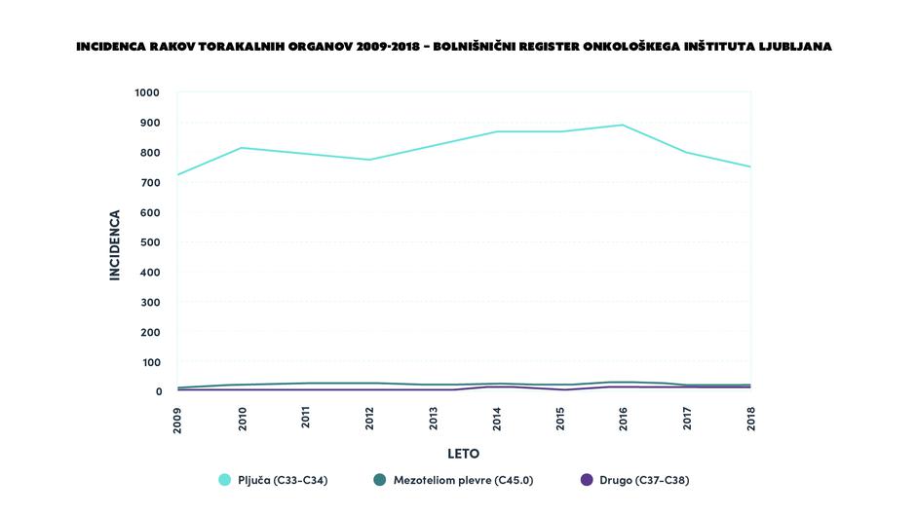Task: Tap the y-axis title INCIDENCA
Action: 114,245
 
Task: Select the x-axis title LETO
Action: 464,454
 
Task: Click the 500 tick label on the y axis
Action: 151,242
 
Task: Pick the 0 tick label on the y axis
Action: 158,392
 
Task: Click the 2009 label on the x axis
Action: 177,420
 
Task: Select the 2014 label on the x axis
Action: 497,420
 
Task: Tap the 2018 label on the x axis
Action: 751,420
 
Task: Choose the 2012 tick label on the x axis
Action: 369,420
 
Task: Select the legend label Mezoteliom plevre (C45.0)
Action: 463,480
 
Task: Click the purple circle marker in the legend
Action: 587,480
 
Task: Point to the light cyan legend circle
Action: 225,480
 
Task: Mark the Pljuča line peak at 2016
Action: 623,125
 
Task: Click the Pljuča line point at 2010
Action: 242,148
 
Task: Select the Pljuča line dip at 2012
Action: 369,160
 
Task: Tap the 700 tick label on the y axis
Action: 151,183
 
